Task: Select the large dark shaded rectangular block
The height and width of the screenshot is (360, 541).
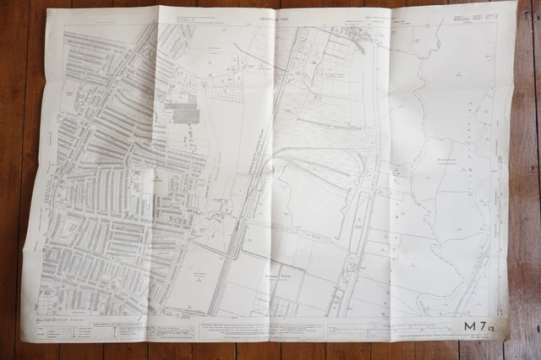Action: [x=184, y=115]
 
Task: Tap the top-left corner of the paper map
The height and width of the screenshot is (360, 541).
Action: [x=48, y=10]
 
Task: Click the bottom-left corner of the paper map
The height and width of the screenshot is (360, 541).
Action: [x=22, y=338]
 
